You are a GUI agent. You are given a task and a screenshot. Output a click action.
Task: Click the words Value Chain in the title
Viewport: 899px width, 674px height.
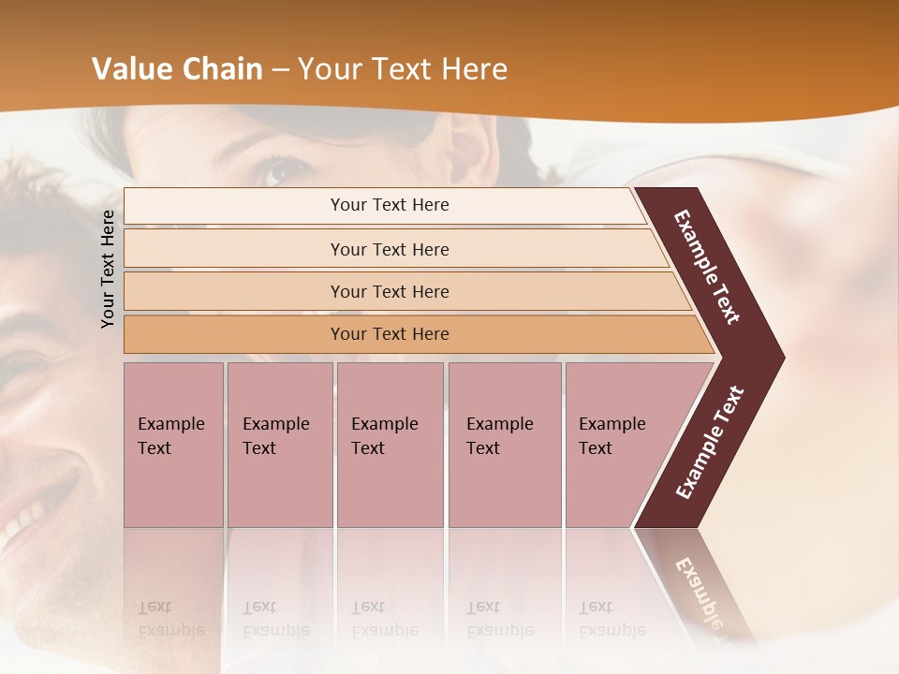pyautogui.click(x=177, y=69)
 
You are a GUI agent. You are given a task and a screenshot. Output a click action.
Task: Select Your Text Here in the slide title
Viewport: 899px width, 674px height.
pyautogui.click(x=403, y=69)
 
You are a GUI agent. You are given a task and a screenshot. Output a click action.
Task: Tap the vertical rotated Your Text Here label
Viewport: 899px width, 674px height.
pyautogui.click(x=108, y=269)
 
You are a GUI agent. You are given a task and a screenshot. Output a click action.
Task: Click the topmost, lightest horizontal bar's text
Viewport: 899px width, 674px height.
pyautogui.click(x=390, y=205)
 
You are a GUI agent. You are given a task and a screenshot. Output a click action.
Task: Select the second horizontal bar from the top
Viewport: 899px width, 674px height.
pyautogui.click(x=390, y=249)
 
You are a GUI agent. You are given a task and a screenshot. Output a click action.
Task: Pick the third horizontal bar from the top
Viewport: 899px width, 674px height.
pyautogui.click(x=390, y=291)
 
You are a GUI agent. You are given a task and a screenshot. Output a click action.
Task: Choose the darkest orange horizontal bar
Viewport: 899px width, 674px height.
pyautogui.click(x=390, y=334)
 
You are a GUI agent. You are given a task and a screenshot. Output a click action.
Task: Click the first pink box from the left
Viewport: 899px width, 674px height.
pyautogui.click(x=173, y=445)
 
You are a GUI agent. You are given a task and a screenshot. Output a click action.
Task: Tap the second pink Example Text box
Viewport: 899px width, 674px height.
pyautogui.click(x=279, y=445)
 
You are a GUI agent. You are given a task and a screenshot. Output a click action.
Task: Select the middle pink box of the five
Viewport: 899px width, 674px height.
pyautogui.click(x=390, y=445)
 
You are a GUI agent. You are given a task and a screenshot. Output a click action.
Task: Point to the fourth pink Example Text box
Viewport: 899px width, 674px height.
pyautogui.click(x=504, y=445)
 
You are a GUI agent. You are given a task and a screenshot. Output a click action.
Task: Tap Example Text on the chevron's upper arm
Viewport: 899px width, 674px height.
pyautogui.click(x=707, y=267)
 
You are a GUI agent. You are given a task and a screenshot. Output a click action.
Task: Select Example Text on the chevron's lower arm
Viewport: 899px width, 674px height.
pyautogui.click(x=709, y=443)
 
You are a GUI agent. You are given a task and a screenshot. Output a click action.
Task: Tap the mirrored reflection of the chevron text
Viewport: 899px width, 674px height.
pyautogui.click(x=702, y=590)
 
